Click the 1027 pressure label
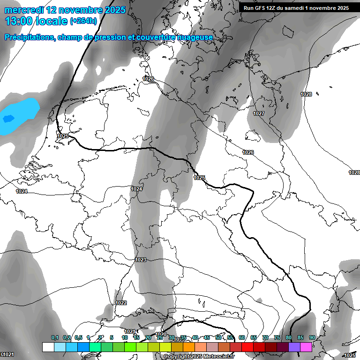click(x=259, y=114)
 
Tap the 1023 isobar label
click(x=141, y=260)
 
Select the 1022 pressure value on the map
click(x=121, y=303)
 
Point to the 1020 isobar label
click(x=161, y=335)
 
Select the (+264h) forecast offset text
click(x=83, y=21)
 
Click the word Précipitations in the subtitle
click(x=29, y=37)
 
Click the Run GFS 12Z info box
click(x=296, y=8)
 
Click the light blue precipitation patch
click(x=21, y=112)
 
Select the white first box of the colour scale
click(x=48, y=347)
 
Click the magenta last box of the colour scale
click(x=306, y=347)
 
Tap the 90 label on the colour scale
click(x=312, y=337)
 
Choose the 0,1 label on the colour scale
click(x=54, y=337)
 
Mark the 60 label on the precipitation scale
click(x=242, y=337)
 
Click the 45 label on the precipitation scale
click(x=207, y=337)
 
